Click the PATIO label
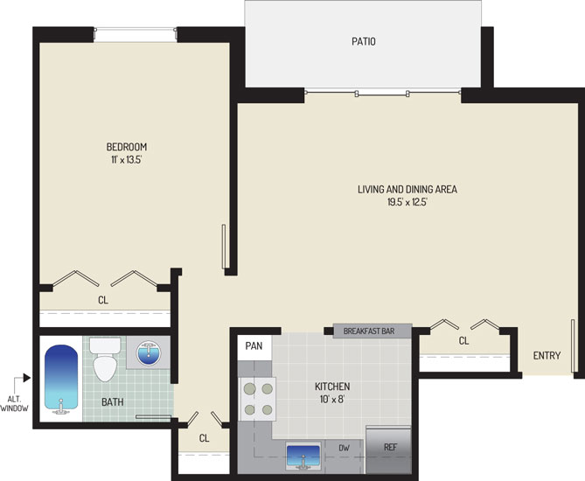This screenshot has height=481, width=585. pyautogui.click(x=364, y=41)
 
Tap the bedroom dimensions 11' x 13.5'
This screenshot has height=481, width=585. pyautogui.click(x=127, y=160)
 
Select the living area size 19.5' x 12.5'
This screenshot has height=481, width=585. pyautogui.click(x=407, y=202)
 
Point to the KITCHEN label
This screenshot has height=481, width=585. pyautogui.click(x=332, y=387)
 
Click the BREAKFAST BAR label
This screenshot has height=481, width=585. pyautogui.click(x=369, y=331)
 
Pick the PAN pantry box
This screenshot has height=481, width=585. pyautogui.click(x=254, y=346)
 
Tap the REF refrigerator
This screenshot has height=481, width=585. pyautogui.click(x=388, y=450)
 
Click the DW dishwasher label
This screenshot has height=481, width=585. pyautogui.click(x=344, y=448)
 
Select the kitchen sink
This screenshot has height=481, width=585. pyautogui.click(x=303, y=456)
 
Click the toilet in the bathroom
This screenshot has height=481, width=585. pyautogui.click(x=105, y=359)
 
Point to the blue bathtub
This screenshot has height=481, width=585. pyautogui.click(x=61, y=379)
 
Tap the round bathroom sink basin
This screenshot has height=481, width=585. pyautogui.click(x=149, y=353)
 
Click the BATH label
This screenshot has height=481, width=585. pyautogui.click(x=112, y=402)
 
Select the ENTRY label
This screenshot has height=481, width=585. pyautogui.click(x=547, y=355)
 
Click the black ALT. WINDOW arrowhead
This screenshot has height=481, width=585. pyautogui.click(x=26, y=378)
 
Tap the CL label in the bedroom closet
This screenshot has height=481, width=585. pyautogui.click(x=103, y=300)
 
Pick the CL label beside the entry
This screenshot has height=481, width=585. pyautogui.click(x=463, y=341)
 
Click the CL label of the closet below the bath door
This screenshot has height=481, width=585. pyautogui.click(x=204, y=438)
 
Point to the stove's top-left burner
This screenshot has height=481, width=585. pyautogui.click(x=249, y=389)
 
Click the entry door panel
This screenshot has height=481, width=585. pyautogui.click(x=573, y=345)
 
